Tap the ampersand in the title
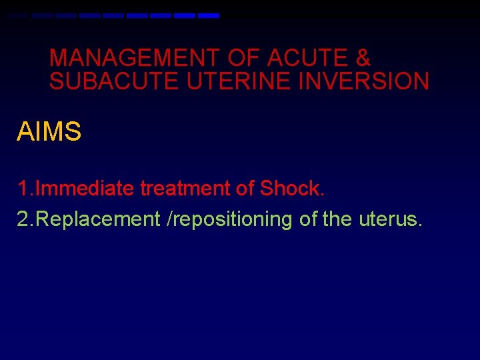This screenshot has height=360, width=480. pyautogui.click(x=363, y=58)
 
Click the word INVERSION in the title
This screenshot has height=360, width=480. pyautogui.click(x=364, y=81)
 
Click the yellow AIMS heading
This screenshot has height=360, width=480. pyautogui.click(x=49, y=132)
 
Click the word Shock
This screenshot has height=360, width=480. pyautogui.click(x=292, y=189)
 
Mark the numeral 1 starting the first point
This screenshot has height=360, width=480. pyautogui.click(x=23, y=189)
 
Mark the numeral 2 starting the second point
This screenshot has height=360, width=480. pyautogui.click(x=23, y=219)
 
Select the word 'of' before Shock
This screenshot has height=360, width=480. pyautogui.click(x=245, y=189)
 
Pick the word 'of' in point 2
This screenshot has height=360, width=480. pyautogui.click(x=308, y=219)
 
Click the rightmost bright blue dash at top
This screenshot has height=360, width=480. pyautogui.click(x=209, y=15)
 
